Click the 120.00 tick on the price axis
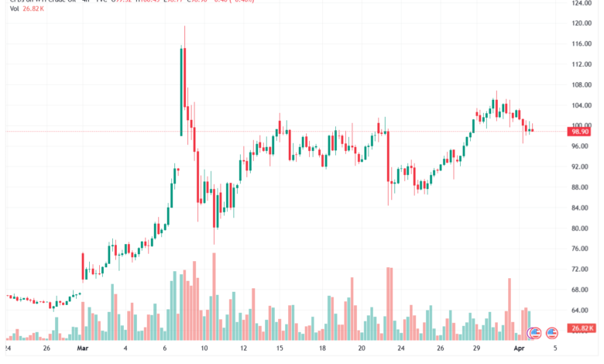coord(582,23)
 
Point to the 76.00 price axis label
coord(582,249)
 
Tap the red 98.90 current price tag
coord(582,132)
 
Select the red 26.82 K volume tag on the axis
coord(582,328)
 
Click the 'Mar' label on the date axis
coord(84,349)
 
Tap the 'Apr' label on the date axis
coord(520,349)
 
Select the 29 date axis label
coord(478,349)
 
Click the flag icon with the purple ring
coord(534,333)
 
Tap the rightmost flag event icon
coord(552,333)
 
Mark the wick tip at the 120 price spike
coord(184,26)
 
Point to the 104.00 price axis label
coord(582,105)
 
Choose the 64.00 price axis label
coord(582,310)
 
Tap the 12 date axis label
coord(243,349)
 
